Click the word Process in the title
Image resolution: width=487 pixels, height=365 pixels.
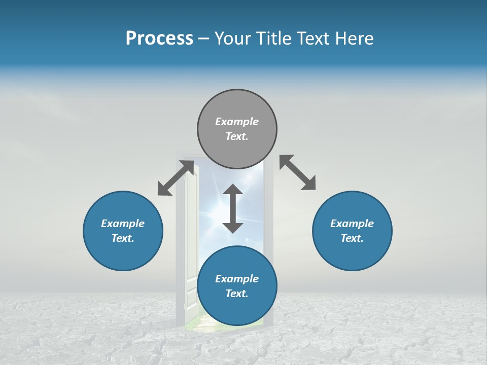pyautogui.click(x=159, y=39)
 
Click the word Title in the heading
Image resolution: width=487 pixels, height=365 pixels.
pyautogui.click(x=274, y=39)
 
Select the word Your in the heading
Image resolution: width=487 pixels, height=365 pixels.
pyautogui.click(x=234, y=39)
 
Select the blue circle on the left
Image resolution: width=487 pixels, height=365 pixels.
pyautogui.click(x=123, y=231)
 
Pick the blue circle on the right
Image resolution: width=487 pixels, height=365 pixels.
pyautogui.click(x=352, y=231)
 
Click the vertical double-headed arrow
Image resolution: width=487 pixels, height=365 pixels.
pyautogui.click(x=233, y=208)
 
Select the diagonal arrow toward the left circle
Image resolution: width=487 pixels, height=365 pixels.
pyautogui.click(x=176, y=178)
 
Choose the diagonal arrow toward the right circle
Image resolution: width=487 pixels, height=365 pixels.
pyautogui.click(x=297, y=172)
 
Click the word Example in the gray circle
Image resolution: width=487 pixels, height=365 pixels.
pyautogui.click(x=237, y=122)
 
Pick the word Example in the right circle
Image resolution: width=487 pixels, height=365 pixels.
pyautogui.click(x=352, y=224)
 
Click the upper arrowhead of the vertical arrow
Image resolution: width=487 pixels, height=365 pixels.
pyautogui.click(x=233, y=190)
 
